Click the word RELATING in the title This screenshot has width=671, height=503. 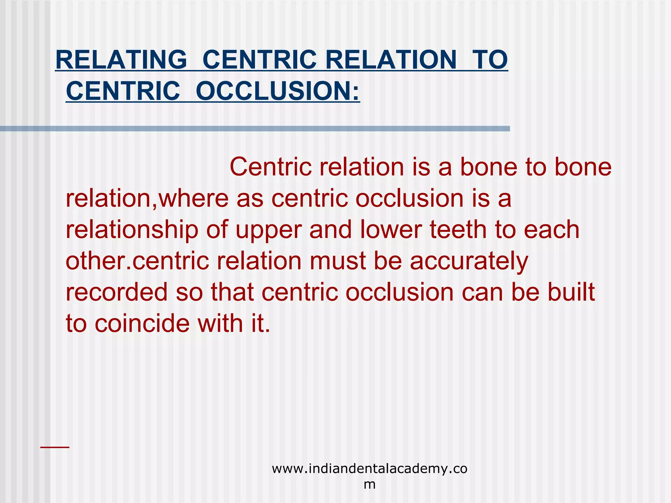[121, 60]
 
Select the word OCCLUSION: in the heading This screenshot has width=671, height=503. [278, 91]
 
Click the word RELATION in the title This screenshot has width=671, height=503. [391, 60]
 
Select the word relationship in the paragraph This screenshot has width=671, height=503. [132, 230]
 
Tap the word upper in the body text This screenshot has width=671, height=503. [268, 230]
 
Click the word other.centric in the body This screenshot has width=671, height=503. [137, 261]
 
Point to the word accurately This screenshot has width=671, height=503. [469, 261]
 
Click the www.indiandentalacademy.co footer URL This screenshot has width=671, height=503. [370, 469]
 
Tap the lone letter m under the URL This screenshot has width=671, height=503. [370, 484]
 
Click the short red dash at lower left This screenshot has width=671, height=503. [55, 447]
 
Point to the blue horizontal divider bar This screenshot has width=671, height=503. [255, 129]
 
